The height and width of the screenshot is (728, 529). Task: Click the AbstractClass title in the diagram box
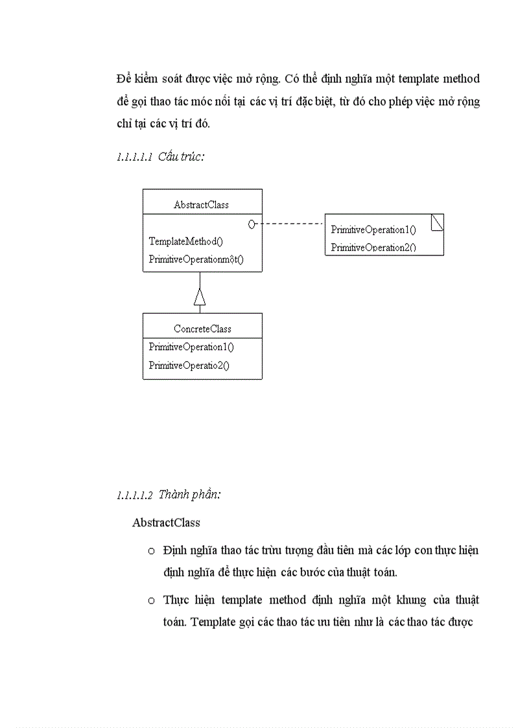tap(201, 205)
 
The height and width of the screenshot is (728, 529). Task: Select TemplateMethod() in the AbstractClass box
tap(185, 242)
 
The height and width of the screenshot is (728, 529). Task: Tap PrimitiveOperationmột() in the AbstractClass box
tap(196, 259)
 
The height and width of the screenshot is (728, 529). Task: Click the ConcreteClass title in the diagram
tap(202, 329)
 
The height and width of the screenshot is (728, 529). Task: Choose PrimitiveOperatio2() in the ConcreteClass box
tap(189, 366)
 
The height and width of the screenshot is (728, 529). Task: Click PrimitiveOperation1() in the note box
tap(373, 229)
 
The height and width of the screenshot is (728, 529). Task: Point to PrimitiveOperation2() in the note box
tap(373, 247)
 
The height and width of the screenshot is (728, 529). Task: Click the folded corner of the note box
tap(438, 222)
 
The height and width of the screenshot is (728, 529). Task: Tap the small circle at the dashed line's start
tap(252, 224)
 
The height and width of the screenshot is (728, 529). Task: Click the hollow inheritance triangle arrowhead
tap(200, 297)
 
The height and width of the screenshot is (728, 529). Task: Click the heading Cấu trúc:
tap(181, 157)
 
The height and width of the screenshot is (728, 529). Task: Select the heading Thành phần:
tap(189, 495)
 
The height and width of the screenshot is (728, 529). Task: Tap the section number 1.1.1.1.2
tap(135, 495)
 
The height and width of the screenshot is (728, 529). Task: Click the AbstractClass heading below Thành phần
tap(166, 523)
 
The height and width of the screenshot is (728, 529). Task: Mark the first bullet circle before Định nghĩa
tap(151, 551)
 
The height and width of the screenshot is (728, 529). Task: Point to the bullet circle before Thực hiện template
tap(151, 600)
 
